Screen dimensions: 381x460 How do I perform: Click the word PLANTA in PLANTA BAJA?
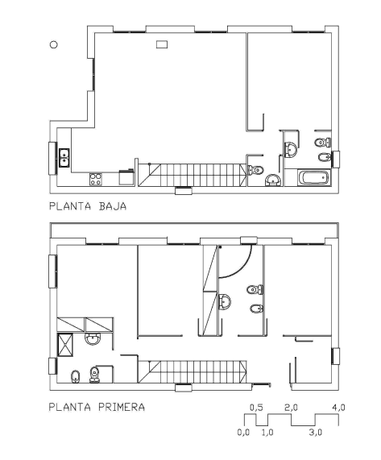point(70,206)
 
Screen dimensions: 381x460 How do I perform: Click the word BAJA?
point(113,206)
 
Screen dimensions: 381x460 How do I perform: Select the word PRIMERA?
point(122,407)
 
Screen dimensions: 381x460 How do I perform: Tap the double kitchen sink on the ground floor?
point(64,158)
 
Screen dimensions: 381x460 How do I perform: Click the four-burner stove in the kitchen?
point(96,179)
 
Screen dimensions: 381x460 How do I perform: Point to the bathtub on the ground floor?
point(314,177)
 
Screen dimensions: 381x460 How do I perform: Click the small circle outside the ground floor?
point(53,44)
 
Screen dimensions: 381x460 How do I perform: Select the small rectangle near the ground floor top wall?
point(162,44)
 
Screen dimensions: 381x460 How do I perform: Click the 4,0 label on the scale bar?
point(339,408)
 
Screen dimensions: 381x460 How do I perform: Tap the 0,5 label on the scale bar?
point(256,408)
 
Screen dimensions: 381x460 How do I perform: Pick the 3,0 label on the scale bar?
point(315,432)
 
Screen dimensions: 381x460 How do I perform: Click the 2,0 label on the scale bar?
point(292,408)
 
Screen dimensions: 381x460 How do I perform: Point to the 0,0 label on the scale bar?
point(244,432)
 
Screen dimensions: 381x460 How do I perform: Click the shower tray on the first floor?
point(64,345)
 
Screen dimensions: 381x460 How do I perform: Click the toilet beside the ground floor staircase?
point(255,170)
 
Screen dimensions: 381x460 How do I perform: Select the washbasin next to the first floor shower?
point(93,339)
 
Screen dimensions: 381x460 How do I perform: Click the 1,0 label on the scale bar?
point(267,432)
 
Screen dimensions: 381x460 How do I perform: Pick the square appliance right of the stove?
point(126,177)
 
